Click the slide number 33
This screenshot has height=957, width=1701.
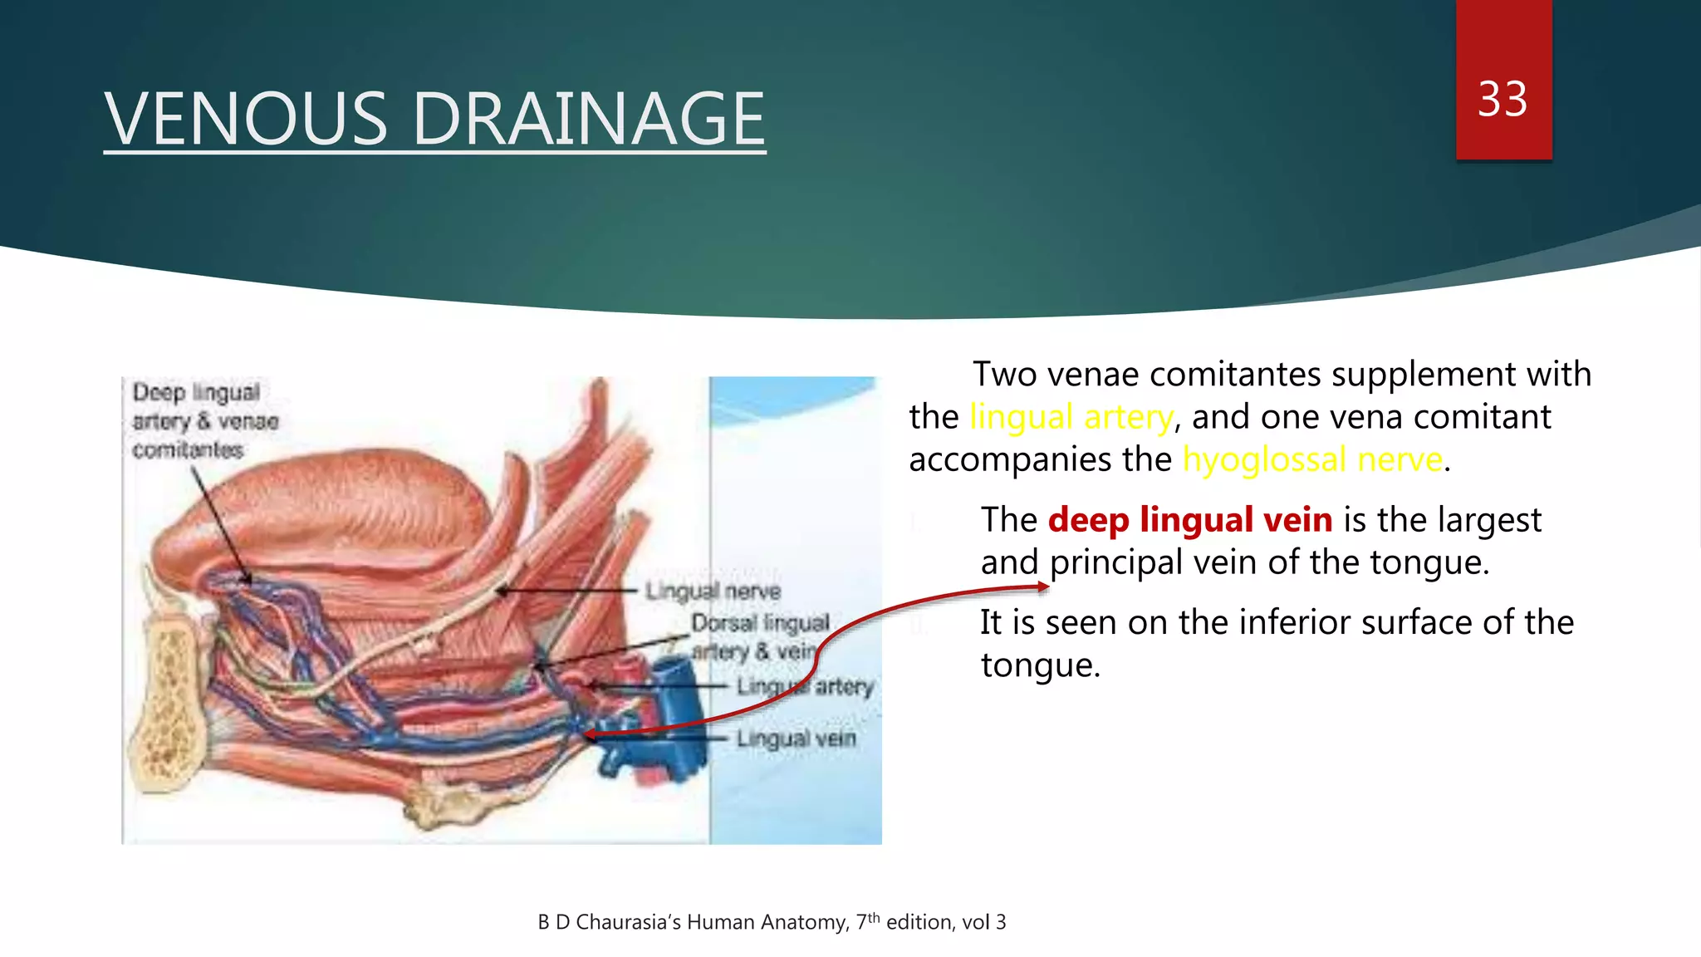point(1502,100)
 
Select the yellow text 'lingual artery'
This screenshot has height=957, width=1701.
point(1071,417)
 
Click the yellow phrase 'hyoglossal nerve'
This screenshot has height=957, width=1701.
point(1312,459)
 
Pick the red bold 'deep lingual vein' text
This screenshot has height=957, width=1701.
point(1189,520)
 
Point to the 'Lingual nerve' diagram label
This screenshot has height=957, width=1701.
point(713,591)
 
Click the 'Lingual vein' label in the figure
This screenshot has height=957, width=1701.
point(796,738)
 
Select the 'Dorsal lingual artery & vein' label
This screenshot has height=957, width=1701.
point(757,636)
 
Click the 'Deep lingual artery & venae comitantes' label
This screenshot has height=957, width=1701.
point(203,420)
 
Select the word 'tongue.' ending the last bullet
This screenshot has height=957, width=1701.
point(1040,665)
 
